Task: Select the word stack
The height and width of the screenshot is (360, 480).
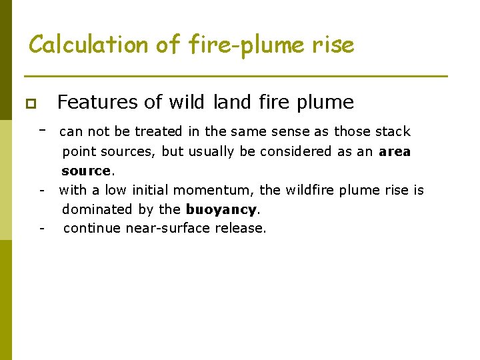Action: point(393,131)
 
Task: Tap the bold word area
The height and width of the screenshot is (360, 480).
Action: point(395,151)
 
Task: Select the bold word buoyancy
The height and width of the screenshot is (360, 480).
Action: point(221,209)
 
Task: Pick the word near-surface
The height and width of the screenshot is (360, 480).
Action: point(162,229)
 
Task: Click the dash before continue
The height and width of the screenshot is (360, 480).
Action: point(42,229)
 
